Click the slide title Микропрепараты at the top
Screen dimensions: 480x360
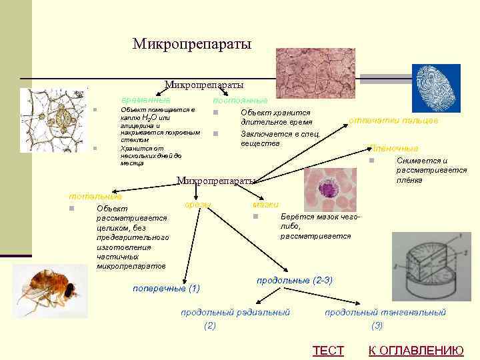click(192, 44)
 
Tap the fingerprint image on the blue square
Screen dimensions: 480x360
click(436, 88)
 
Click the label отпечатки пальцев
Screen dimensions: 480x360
click(393, 120)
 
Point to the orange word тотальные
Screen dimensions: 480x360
click(95, 196)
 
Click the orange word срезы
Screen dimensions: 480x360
click(198, 203)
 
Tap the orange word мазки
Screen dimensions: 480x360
click(266, 203)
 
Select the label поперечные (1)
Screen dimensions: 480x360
click(166, 289)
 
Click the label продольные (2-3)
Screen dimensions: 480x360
click(295, 280)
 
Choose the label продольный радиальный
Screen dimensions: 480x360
click(235, 312)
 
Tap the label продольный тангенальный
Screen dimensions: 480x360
click(385, 312)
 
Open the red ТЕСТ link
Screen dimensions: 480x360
click(328, 351)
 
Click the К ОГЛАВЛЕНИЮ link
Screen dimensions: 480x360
click(416, 351)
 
